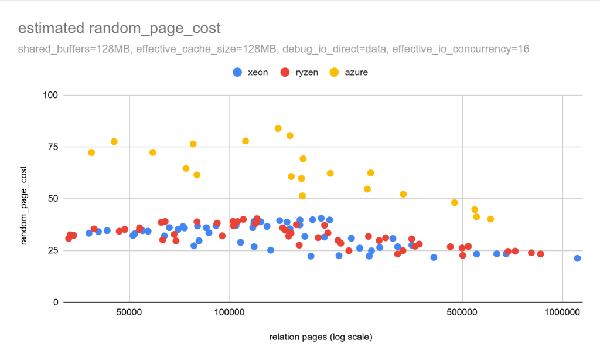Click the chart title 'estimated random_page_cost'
[119, 28]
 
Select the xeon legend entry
[251, 72]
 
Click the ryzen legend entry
[299, 72]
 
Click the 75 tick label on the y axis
[52, 147]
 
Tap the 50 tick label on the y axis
[52, 199]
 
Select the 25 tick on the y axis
[52, 250]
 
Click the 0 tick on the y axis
[54, 303]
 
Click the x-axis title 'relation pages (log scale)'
[321, 337]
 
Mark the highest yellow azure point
[278, 128]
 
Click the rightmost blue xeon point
[578, 258]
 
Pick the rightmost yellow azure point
[490, 219]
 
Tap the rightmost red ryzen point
[540, 254]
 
